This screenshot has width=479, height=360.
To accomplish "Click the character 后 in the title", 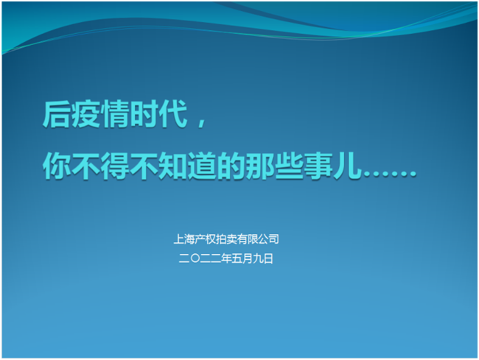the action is click(56, 114).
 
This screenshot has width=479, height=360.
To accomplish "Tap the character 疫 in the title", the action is click(85, 114).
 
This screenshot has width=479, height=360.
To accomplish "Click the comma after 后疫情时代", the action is click(202, 121).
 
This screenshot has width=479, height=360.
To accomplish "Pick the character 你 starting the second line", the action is click(56, 166).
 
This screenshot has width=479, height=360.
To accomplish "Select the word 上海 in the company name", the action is click(184, 239).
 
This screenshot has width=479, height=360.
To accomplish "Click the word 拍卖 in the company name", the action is click(226, 239).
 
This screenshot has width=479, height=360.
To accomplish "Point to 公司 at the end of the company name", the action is click(268, 239).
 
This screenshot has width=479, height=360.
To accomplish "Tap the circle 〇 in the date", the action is click(195, 258).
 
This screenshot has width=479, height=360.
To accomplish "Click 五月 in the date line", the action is click(242, 258).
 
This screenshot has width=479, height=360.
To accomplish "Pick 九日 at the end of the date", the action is click(263, 258).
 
